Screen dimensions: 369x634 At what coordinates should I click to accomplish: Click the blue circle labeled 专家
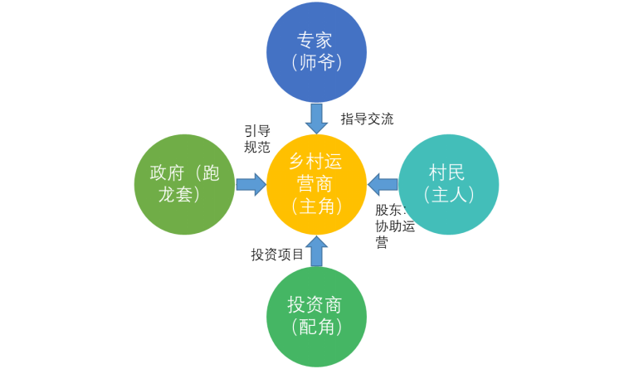click(316, 51)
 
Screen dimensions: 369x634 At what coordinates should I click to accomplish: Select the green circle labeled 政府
click(186, 184)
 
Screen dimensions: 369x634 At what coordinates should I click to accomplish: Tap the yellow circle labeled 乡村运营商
click(316, 184)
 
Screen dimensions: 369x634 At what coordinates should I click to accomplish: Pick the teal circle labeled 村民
click(448, 184)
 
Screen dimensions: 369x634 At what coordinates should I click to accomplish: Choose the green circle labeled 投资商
click(316, 316)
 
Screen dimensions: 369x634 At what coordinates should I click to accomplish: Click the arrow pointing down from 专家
click(316, 117)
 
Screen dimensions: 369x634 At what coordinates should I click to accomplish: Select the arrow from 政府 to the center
click(250, 184)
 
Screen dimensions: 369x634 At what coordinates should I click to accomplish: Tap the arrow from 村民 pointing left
click(383, 184)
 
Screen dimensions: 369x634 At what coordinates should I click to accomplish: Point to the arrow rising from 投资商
click(316, 251)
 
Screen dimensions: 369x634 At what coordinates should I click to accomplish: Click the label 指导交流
click(367, 119)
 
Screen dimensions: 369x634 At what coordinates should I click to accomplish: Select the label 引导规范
click(256, 139)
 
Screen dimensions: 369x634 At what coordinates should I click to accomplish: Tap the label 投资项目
click(277, 254)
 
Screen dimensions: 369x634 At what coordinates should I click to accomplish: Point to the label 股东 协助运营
click(394, 226)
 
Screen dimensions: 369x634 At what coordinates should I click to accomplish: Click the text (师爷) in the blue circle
click(316, 63)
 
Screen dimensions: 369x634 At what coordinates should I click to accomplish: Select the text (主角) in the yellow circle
click(316, 206)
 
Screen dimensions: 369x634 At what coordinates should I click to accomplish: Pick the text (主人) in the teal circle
click(448, 195)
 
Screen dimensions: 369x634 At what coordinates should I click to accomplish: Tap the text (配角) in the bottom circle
click(316, 328)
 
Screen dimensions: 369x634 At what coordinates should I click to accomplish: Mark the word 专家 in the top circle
click(316, 40)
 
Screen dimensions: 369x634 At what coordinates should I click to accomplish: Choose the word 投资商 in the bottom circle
click(316, 304)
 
